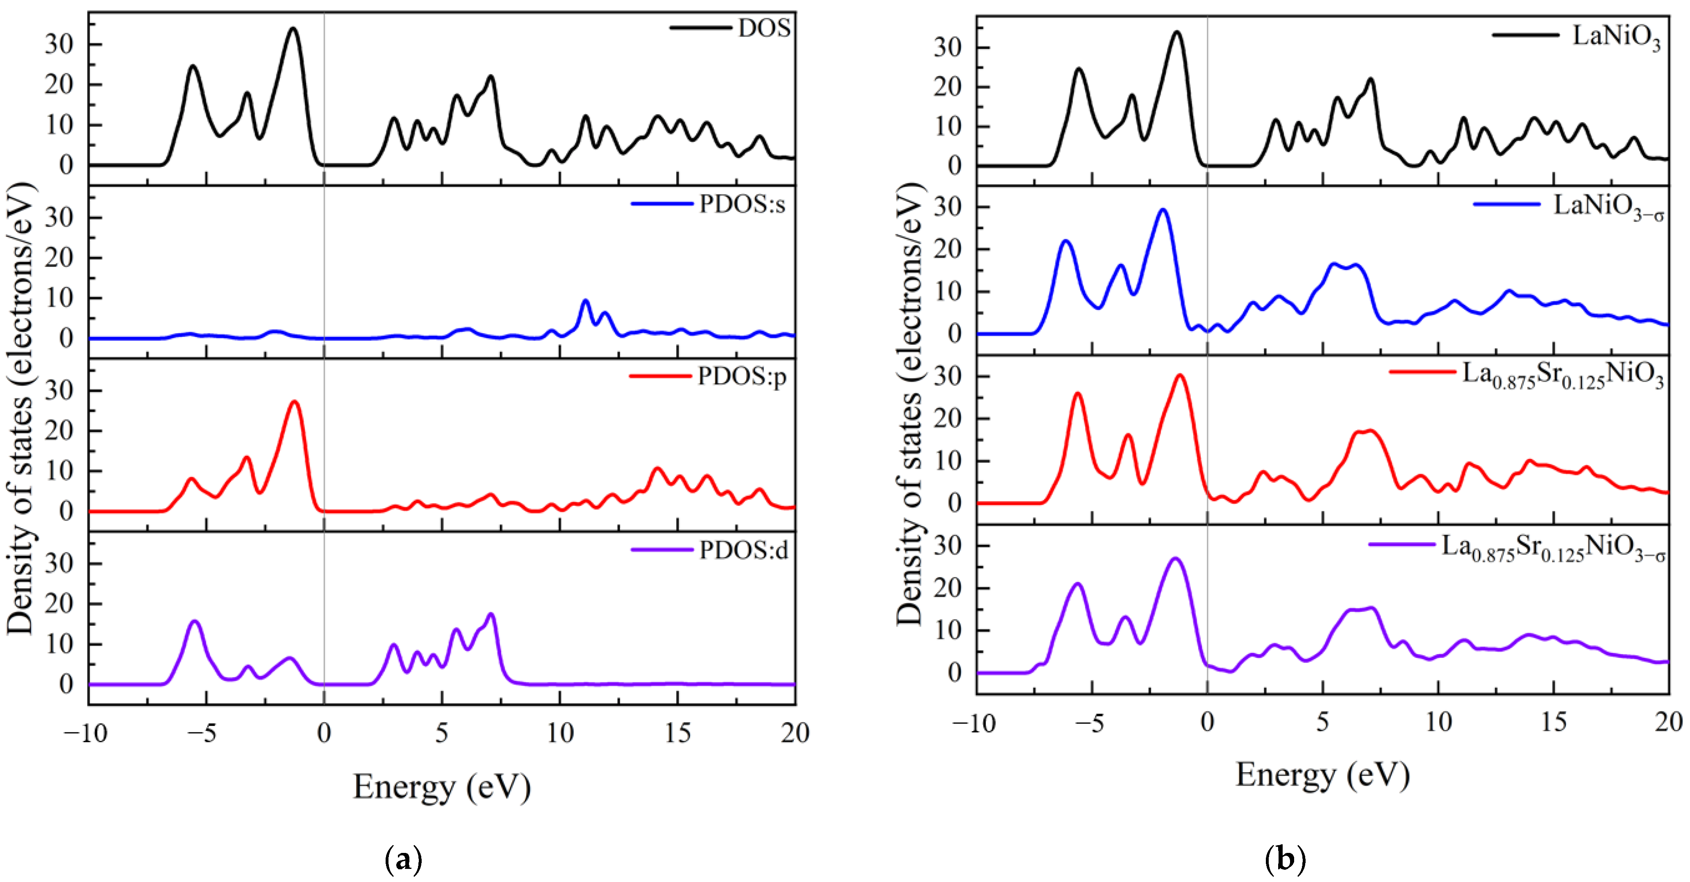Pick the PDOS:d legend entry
pos(743,550)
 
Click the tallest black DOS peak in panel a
pos(293,29)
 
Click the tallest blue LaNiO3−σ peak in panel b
pos(1163,210)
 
